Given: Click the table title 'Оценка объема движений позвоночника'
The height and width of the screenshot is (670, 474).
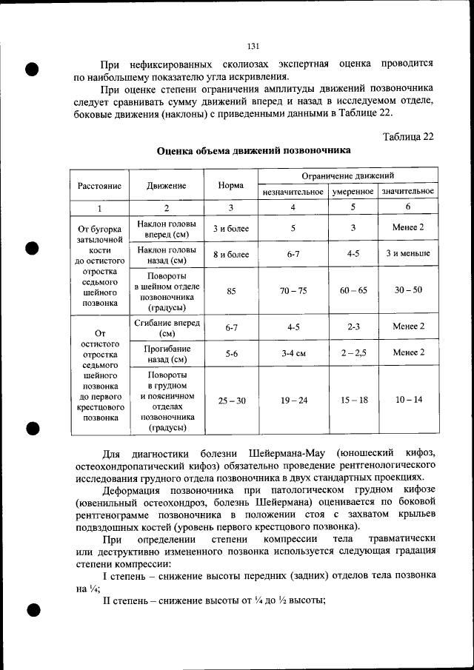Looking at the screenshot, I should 253,150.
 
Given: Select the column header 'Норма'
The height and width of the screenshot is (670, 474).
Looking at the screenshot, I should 231,185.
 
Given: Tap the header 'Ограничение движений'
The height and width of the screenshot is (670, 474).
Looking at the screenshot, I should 347,176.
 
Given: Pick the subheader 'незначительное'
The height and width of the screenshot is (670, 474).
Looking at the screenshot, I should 293,192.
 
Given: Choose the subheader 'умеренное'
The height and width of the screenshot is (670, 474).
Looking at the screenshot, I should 353,192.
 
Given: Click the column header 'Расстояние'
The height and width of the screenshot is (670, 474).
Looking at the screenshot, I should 99,185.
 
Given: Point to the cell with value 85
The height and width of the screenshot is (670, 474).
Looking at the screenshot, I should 231,291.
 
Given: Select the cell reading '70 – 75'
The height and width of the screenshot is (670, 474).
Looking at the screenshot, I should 293,291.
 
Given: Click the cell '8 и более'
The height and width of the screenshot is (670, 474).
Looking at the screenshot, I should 231,254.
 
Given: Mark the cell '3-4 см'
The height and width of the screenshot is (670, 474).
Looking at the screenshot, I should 293,353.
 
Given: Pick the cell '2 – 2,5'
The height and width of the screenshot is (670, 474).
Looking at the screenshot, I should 353,353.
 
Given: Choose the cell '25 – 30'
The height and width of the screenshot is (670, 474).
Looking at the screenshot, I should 231,401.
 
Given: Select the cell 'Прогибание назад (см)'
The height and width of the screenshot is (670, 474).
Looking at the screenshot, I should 167,353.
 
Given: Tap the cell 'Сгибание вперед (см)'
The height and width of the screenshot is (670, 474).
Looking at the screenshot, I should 167,327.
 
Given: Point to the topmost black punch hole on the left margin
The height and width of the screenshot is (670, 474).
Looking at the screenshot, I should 32,70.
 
